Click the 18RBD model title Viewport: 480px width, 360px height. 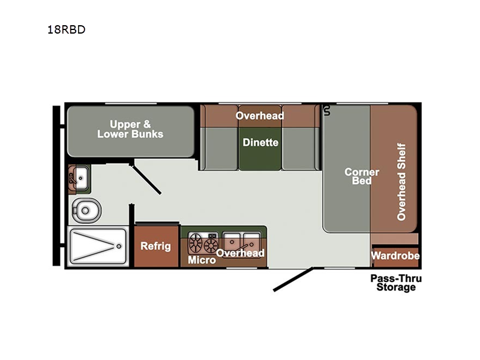coord(67,29)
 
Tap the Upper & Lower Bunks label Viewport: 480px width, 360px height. coord(130,129)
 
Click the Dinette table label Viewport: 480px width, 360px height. coord(260,142)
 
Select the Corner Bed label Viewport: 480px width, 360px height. coord(362,176)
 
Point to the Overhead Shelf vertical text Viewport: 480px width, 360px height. coord(401,182)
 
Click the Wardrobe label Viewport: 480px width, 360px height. coord(395,256)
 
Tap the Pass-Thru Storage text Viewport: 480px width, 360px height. coord(396,283)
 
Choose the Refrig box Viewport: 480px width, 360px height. coord(156,246)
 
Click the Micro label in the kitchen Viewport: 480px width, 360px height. coord(202,260)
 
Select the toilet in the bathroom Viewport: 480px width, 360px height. coord(86,211)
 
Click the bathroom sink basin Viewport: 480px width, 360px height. coord(81,178)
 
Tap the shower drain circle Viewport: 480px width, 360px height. coord(119,246)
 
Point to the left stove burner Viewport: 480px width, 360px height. coord(196,243)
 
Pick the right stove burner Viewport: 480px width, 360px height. coord(211,245)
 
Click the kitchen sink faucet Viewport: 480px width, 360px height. coord(244,247)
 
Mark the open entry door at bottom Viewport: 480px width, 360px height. coord(293,279)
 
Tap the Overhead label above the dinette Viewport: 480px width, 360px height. coord(260,116)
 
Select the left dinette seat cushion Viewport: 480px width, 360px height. coord(219,148)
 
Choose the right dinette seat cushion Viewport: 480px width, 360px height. coord(301,148)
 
